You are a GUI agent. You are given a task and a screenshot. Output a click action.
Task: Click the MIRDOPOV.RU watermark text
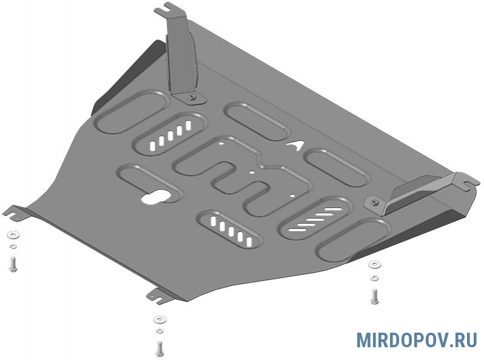coord(417,340)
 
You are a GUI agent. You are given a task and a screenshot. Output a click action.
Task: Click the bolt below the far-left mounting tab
coord(13,264)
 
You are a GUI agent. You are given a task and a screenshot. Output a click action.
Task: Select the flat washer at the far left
coord(13,235)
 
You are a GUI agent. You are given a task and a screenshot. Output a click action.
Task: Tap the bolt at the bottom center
coord(160,348)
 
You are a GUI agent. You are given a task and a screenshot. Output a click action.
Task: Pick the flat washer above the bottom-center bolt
coord(160,320)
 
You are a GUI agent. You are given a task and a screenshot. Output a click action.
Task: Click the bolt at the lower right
coord(375,297)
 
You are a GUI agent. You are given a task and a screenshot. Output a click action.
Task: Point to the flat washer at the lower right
coord(375,265)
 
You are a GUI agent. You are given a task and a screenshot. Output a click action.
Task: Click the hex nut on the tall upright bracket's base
coord(192,98)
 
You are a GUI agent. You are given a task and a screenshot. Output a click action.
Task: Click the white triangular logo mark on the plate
coord(295,145)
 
